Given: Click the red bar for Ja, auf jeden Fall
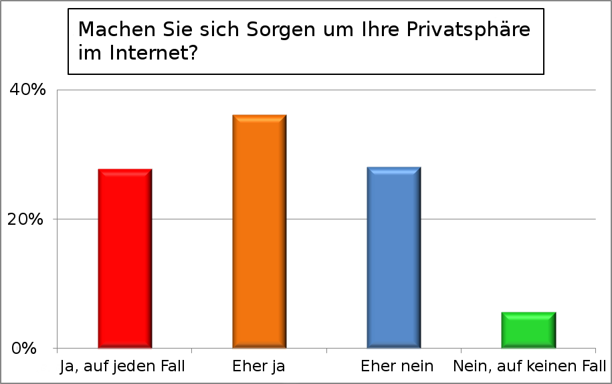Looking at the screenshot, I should (125, 259).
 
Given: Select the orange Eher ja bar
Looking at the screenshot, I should (260, 231).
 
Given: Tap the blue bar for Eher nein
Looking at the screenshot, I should (394, 258).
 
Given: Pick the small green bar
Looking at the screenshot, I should (528, 330).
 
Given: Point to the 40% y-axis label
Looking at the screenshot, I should (27, 90).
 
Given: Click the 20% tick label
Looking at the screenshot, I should (27, 219).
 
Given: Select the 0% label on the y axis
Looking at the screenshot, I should (31, 349).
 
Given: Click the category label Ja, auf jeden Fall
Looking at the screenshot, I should (122, 367).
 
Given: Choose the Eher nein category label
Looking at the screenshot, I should (397, 367).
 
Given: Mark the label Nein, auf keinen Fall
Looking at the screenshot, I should (529, 367).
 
